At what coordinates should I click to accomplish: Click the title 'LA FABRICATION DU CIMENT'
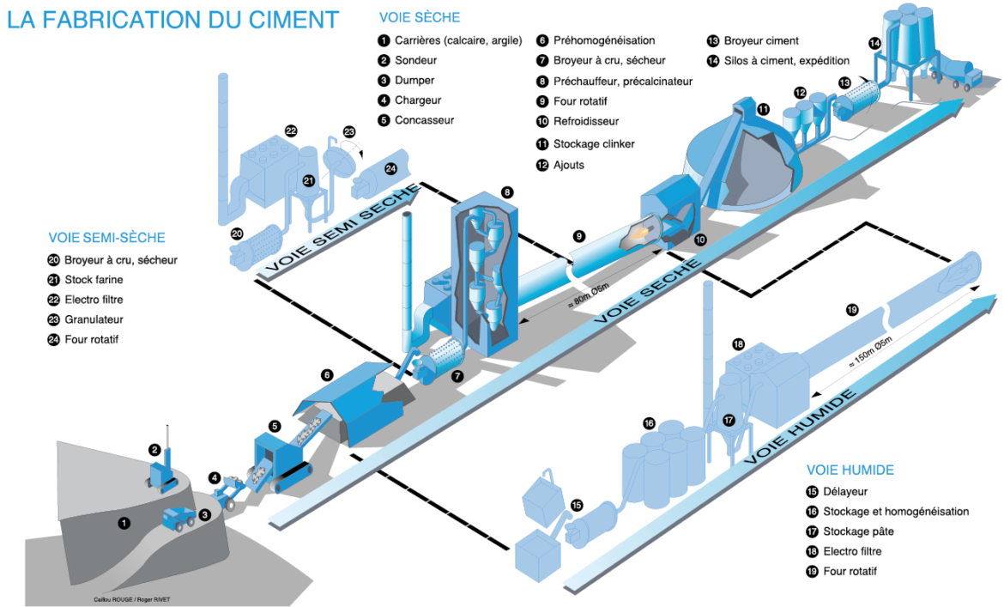(172, 20)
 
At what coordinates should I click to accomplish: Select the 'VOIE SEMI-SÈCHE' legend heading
(106, 237)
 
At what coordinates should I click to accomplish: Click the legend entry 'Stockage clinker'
(594, 143)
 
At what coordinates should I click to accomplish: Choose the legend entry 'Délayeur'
(845, 492)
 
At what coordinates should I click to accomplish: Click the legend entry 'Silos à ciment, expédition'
(786, 61)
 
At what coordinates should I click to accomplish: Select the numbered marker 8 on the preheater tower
(507, 192)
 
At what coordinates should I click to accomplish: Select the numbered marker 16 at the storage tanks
(649, 423)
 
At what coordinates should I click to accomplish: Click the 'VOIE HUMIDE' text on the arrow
(799, 427)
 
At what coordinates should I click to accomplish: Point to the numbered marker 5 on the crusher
(274, 425)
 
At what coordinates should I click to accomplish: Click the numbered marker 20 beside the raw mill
(237, 233)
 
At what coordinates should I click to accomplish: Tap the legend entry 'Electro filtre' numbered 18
(852, 551)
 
